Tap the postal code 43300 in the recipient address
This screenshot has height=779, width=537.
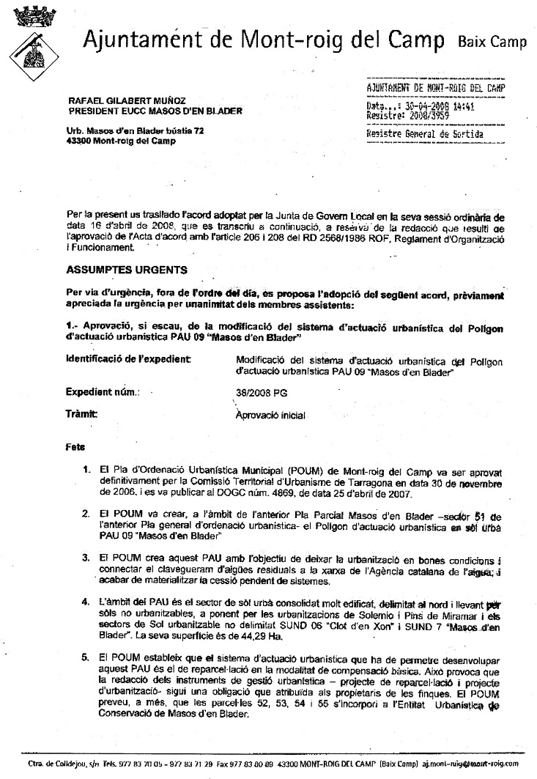pos(79,141)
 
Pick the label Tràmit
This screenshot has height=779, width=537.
pos(81,414)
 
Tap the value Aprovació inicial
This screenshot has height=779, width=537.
pos(270,416)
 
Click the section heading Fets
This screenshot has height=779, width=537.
pos(75,446)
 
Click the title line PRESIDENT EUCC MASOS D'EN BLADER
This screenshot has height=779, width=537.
pos(155,111)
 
